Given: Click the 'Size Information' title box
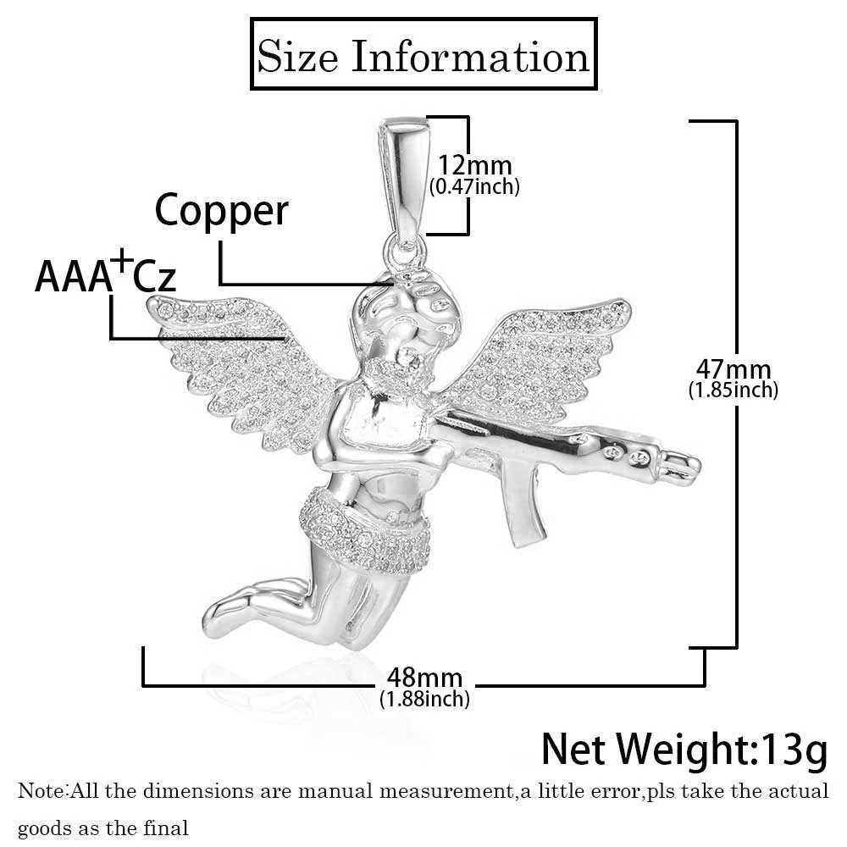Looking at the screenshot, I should coord(423,57).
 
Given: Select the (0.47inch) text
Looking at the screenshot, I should coord(474,186).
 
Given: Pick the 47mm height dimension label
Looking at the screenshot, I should coord(733,369).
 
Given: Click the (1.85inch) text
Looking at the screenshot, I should coord(733,390).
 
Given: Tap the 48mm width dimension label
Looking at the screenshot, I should coord(424,678).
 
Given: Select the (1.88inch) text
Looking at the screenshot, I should coord(424,699).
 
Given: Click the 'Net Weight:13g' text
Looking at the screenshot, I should coord(684,749).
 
